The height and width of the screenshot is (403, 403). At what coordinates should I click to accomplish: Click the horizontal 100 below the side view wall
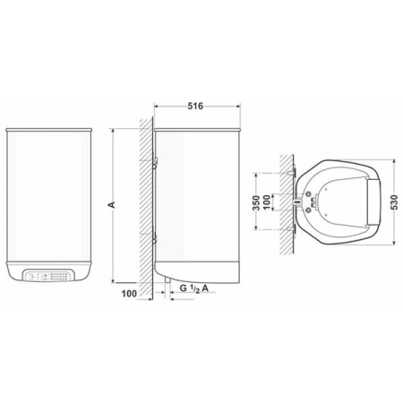128,293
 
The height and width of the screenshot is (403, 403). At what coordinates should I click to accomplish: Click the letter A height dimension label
110,204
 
